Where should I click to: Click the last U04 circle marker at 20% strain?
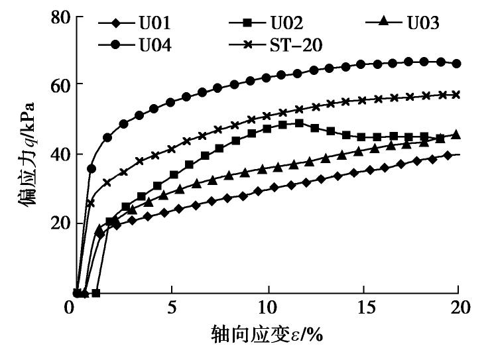456,64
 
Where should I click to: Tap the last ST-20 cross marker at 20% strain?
456,95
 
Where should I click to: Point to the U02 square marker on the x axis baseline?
96,292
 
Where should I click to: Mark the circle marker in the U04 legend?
116,46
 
